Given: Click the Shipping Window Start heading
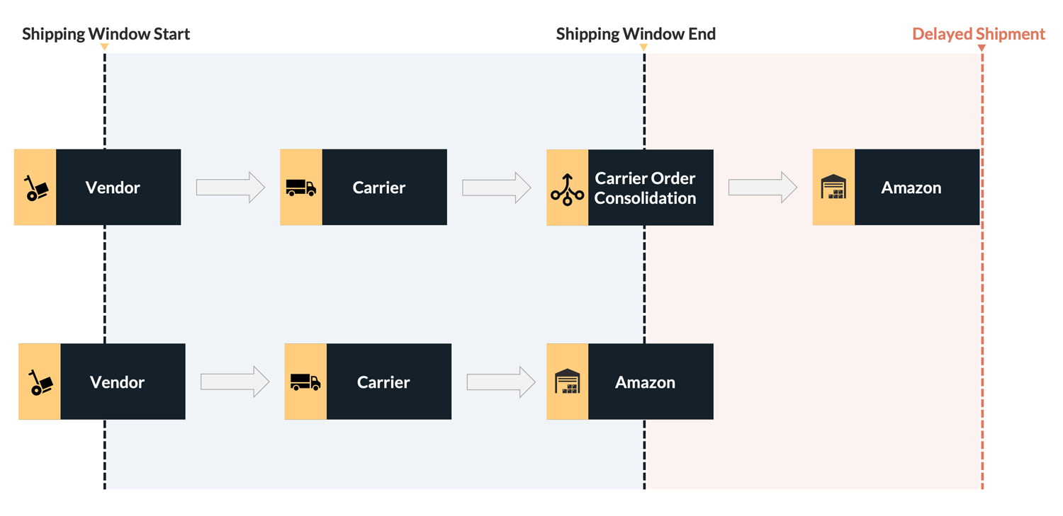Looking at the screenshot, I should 106,34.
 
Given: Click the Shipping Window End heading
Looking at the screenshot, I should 636,34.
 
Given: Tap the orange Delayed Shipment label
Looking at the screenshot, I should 978,34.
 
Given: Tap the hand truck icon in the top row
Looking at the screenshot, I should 35,188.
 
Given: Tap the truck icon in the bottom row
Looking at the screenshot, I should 305,382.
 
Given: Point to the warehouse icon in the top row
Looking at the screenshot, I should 833,188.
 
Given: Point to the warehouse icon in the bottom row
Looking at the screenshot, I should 568,382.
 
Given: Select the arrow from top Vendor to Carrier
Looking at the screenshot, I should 230,188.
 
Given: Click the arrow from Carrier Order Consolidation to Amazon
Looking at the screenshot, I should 763,188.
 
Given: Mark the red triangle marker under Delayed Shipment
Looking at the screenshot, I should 982,48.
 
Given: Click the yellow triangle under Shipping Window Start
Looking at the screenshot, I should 104,47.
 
